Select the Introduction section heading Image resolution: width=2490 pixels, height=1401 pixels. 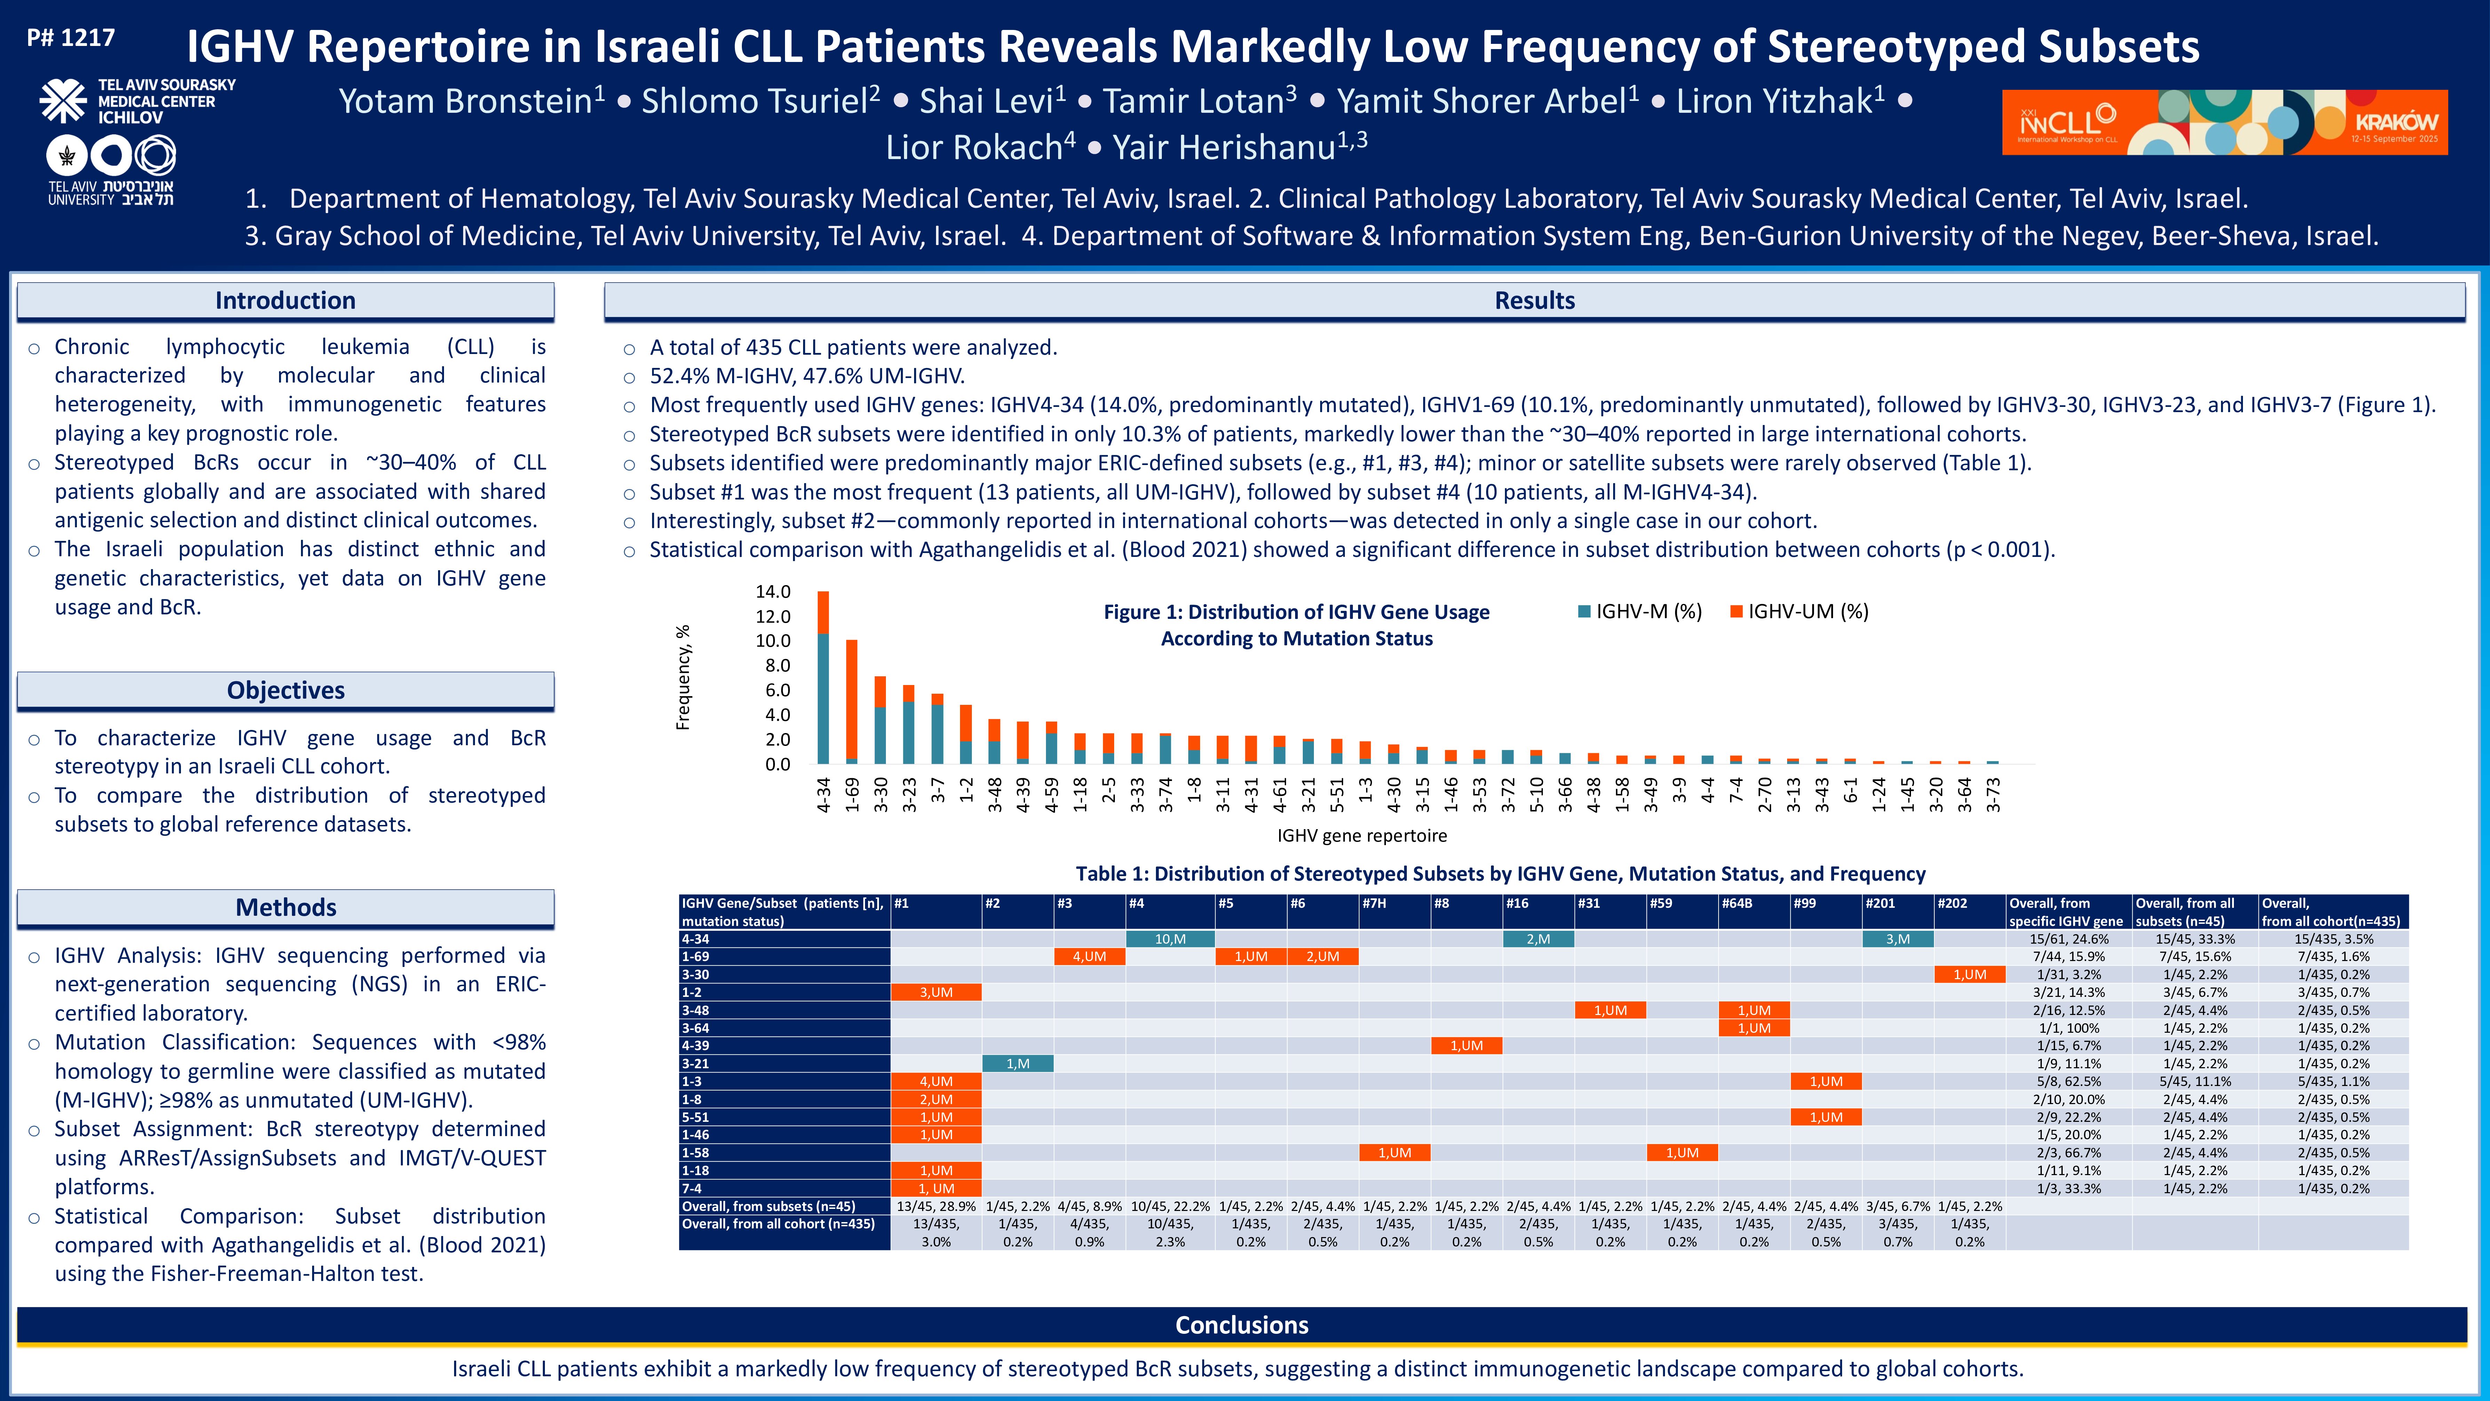[x=285, y=301]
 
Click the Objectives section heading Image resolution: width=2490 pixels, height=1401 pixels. [x=285, y=690]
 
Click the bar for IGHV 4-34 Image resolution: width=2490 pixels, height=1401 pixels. [x=824, y=677]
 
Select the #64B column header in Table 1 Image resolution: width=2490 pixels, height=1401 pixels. [x=1737, y=903]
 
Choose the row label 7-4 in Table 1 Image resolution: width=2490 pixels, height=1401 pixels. [x=692, y=1188]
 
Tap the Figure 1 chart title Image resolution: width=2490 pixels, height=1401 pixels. [x=1296, y=624]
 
